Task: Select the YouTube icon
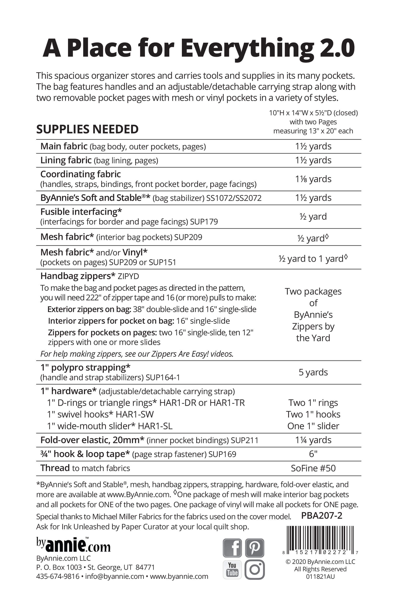point(232,569)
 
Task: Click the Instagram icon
point(254,569)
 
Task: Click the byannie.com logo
point(73,545)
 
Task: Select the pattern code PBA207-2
point(322,516)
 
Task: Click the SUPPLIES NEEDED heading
point(87,129)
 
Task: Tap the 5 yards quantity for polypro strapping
point(313,372)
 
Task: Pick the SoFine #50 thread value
point(313,468)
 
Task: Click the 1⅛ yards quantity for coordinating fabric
point(313,179)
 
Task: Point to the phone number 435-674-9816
point(58,576)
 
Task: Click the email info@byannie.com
point(115,576)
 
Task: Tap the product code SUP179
point(204,222)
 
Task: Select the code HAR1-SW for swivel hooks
point(134,414)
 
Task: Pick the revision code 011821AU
point(320,576)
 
